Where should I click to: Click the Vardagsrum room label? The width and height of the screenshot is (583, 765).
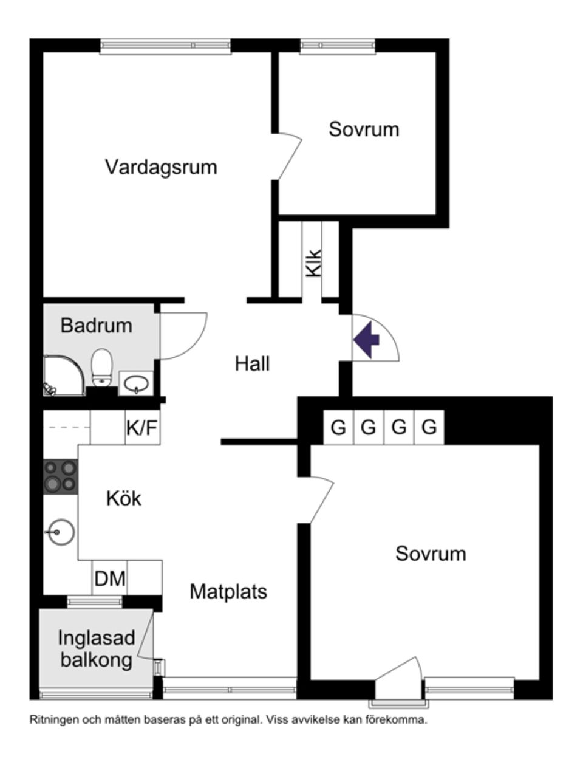tap(161, 166)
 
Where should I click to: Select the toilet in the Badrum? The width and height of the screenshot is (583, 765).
tap(102, 367)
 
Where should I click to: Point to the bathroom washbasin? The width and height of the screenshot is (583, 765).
tap(136, 383)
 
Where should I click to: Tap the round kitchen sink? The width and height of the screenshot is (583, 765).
tap(61, 533)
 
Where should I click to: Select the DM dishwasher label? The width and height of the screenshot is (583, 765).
tap(110, 578)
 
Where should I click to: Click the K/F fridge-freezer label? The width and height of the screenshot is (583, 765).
tap(142, 428)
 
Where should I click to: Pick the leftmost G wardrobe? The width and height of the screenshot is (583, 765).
tap(338, 428)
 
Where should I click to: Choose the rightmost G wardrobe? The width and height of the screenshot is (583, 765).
tap(429, 428)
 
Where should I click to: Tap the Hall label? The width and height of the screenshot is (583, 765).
tap(252, 364)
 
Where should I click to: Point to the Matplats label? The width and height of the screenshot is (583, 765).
tap(228, 591)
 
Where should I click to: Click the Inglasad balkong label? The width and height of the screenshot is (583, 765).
tap(96, 648)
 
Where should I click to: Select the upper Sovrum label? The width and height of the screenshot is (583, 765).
tap(364, 129)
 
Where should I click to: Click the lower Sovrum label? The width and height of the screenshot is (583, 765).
tap(431, 554)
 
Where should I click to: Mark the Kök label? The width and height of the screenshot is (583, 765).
tap(124, 498)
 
